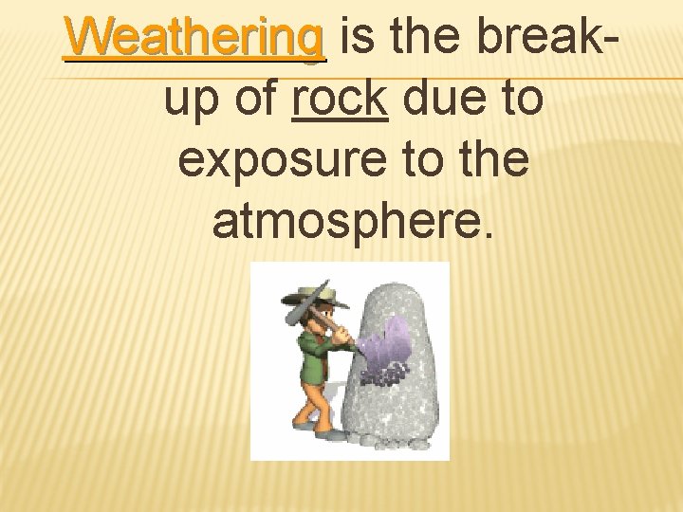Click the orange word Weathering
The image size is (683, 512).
194,39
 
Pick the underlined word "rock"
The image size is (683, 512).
341,98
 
